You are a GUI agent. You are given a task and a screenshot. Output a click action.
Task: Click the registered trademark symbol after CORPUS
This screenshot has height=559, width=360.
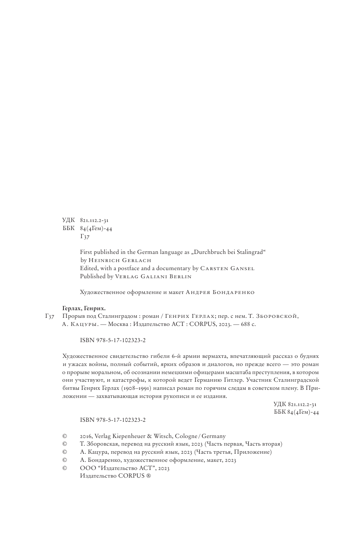149,476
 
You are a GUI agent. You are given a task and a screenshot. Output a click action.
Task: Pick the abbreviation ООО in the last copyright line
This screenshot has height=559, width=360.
86,468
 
